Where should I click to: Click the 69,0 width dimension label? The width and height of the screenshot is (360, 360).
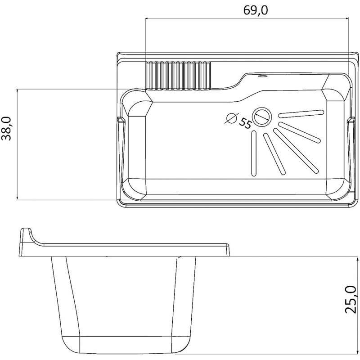pyautogui.click(x=255, y=10)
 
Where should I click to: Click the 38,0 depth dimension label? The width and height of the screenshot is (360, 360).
pyautogui.click(x=6, y=129)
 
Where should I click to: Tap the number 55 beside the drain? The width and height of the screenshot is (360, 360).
pyautogui.click(x=245, y=123)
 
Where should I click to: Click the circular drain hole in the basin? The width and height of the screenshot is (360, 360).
pyautogui.click(x=262, y=117)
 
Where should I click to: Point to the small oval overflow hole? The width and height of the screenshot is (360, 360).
pyautogui.click(x=262, y=76)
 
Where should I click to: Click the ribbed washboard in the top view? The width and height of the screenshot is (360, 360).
pyautogui.click(x=178, y=76)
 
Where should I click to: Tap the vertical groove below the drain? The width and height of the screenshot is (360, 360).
pyautogui.click(x=254, y=153)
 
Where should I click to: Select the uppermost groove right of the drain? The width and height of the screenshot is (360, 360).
pyautogui.click(x=301, y=114)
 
